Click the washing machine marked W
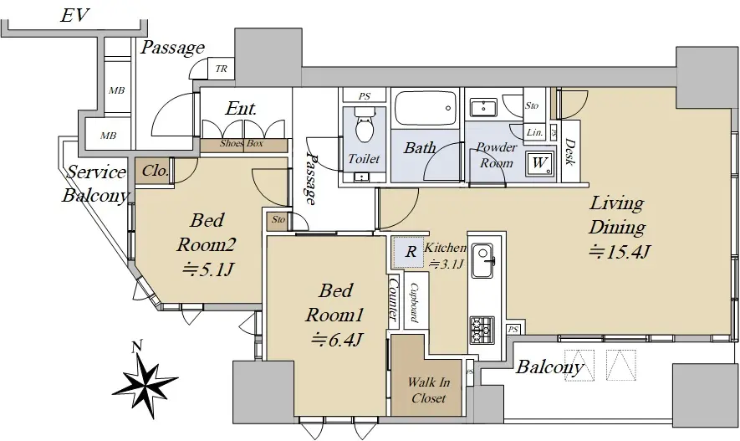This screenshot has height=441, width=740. point(539,164)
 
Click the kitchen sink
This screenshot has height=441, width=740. point(482,261)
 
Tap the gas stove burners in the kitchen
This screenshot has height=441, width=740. point(482,330)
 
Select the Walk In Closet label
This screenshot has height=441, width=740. point(428,389)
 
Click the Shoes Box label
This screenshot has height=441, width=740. point(241,144)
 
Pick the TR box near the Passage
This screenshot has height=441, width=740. point(221,69)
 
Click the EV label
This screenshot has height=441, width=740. point(74,15)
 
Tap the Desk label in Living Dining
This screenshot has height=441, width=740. point(570,151)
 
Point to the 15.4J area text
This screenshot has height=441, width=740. point(620,252)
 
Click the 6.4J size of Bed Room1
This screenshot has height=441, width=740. point(335,339)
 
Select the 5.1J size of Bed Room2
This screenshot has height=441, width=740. point(207,269)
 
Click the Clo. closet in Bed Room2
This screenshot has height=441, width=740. point(154,171)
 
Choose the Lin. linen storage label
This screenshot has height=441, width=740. point(534,133)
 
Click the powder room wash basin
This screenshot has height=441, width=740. point(483,108)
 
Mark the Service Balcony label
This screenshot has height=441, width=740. point(95,183)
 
